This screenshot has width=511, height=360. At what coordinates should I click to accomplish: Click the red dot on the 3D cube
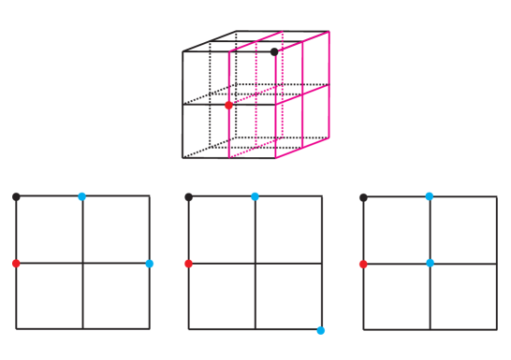tap(228, 106)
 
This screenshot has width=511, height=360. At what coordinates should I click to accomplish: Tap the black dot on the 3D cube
tap(275, 51)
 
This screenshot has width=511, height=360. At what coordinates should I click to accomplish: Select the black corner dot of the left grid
tap(17, 196)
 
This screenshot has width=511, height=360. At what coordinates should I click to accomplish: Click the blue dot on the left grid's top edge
tap(82, 196)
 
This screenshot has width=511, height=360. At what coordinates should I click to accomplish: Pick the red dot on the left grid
tap(17, 264)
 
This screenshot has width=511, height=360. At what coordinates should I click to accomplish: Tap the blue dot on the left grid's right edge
tap(150, 264)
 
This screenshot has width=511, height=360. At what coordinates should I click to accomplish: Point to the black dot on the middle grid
tap(189, 197)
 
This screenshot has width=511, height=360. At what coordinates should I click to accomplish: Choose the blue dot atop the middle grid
tap(255, 196)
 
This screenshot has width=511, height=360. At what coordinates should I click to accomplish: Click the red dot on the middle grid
tap(189, 264)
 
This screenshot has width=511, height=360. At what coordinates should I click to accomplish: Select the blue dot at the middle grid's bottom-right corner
tap(321, 330)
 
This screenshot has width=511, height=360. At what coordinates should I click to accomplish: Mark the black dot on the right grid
tap(363, 197)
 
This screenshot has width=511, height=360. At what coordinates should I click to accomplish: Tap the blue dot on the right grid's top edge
tap(430, 196)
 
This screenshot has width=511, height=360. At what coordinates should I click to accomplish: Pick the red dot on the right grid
tap(363, 264)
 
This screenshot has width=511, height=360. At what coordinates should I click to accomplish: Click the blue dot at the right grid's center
tap(430, 263)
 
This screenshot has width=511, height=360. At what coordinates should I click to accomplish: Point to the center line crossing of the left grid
tap(82, 264)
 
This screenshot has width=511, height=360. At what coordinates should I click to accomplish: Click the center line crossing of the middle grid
tap(255, 264)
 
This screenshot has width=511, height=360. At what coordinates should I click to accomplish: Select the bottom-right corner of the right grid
tap(496, 329)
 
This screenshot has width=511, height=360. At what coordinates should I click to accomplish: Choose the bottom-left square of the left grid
tap(50, 296)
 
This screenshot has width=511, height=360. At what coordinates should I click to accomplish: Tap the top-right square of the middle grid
tap(288, 230)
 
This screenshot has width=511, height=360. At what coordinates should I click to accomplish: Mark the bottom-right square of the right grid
tap(463, 296)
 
